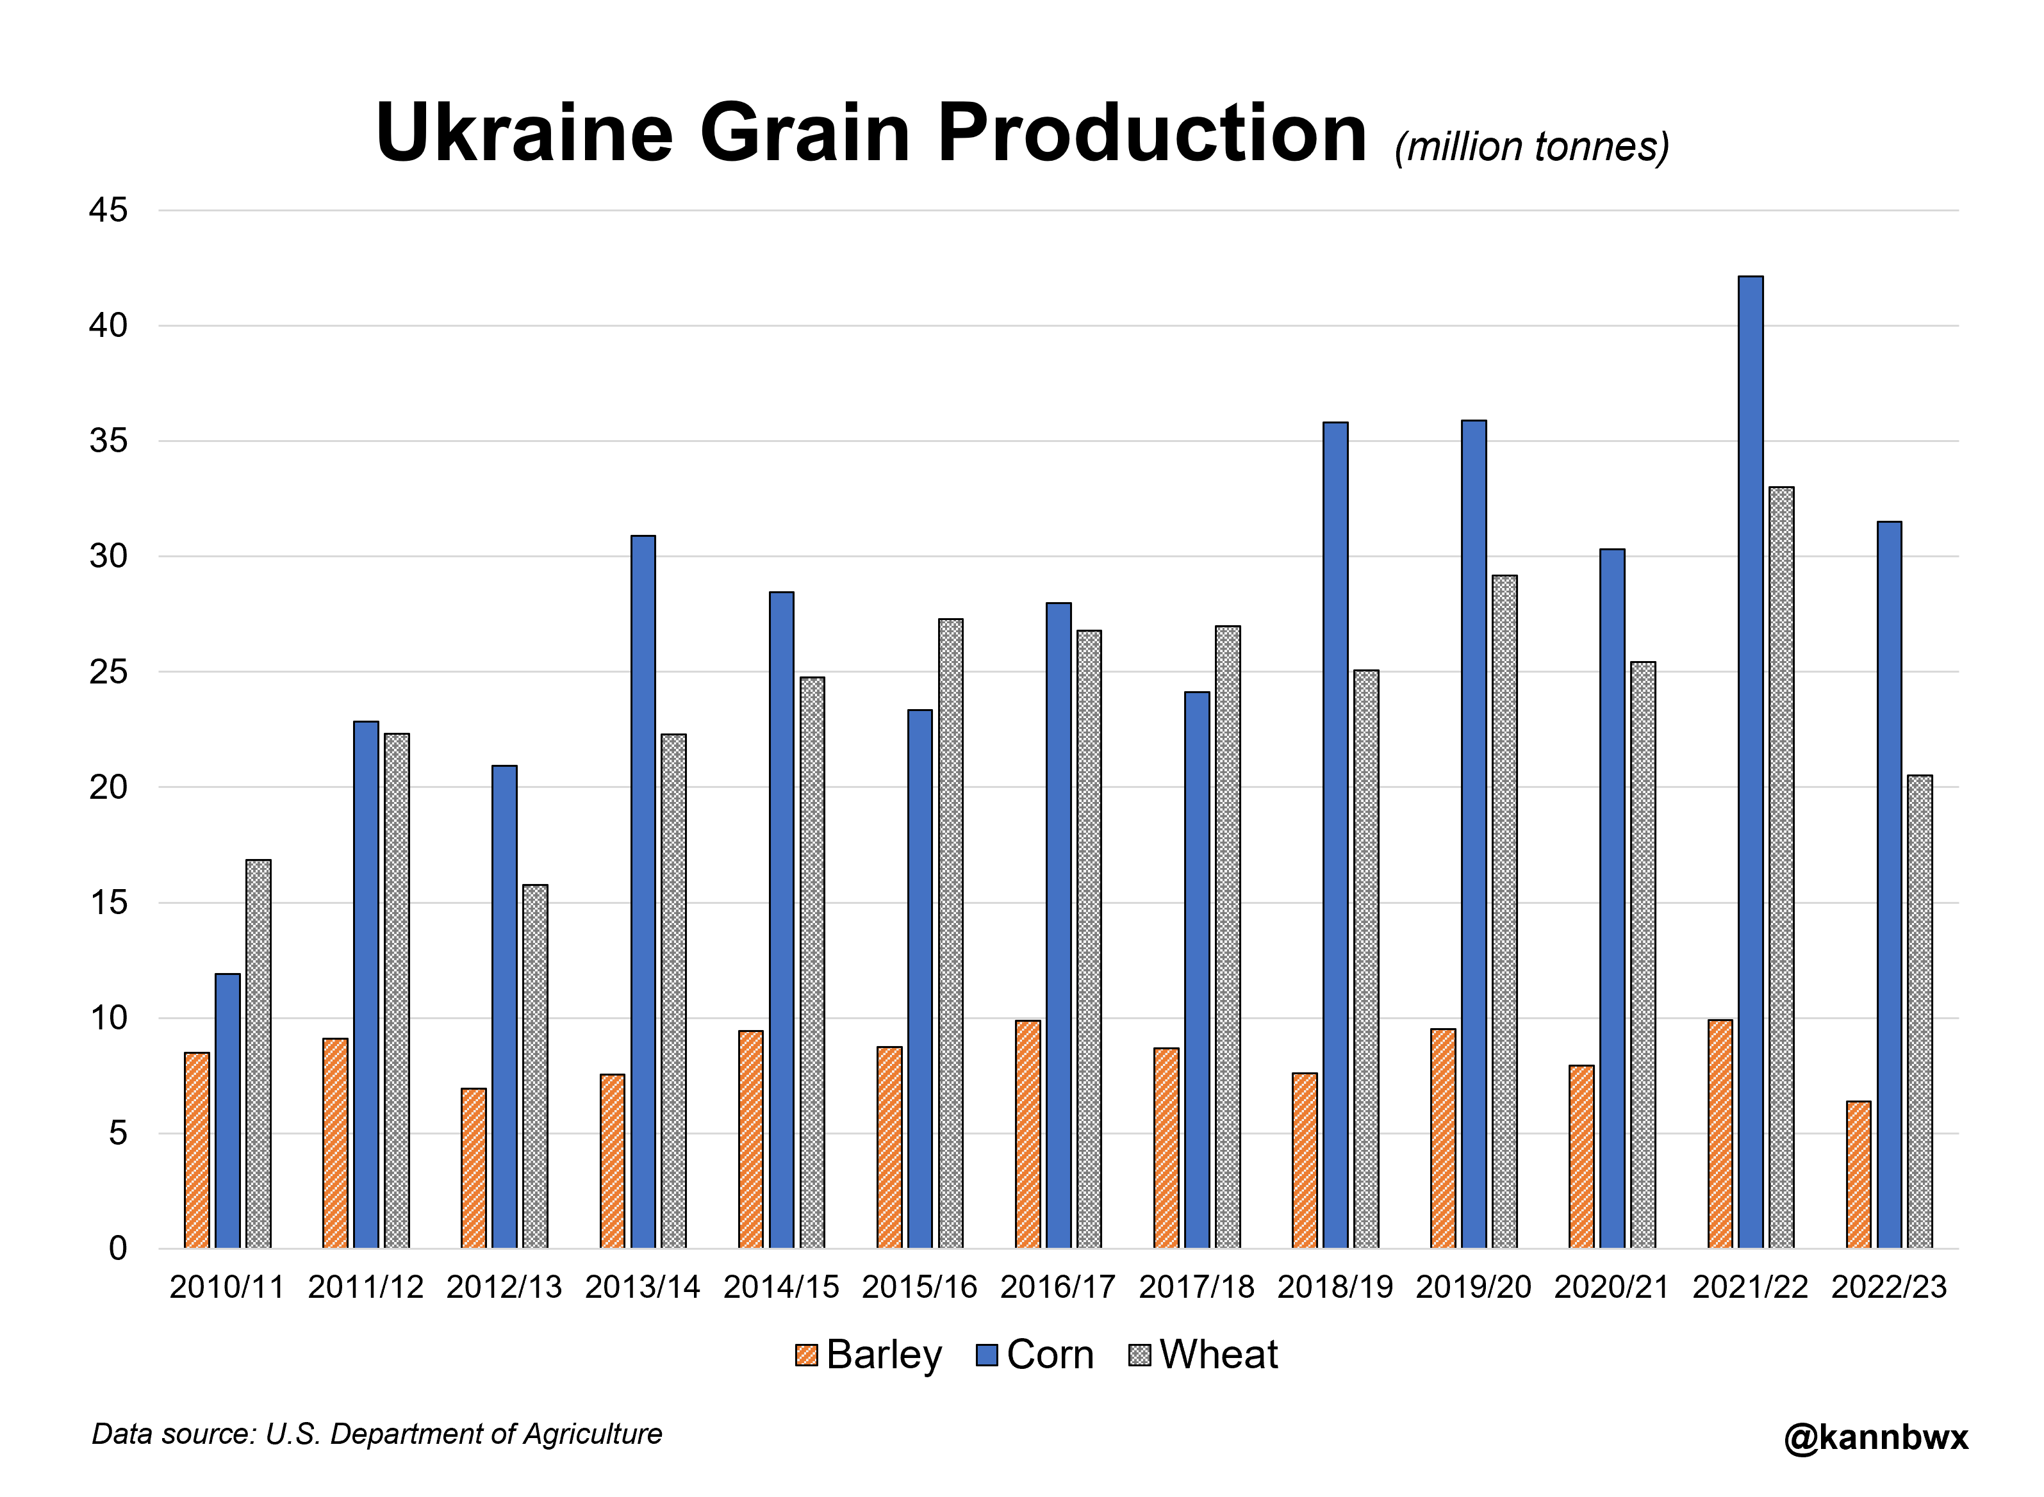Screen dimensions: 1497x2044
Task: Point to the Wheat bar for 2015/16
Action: pyautogui.click(x=950, y=933)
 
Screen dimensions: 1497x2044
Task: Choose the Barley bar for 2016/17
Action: pyautogui.click(x=1027, y=1134)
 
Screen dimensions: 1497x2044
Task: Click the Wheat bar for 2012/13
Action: pyautogui.click(x=535, y=1066)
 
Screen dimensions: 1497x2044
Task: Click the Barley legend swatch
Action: pyautogui.click(x=806, y=1355)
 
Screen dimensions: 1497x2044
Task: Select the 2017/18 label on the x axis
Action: pyautogui.click(x=1196, y=1287)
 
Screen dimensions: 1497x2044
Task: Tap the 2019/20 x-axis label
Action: pyautogui.click(x=1473, y=1287)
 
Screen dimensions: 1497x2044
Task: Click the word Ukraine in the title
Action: pyautogui.click(x=524, y=133)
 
